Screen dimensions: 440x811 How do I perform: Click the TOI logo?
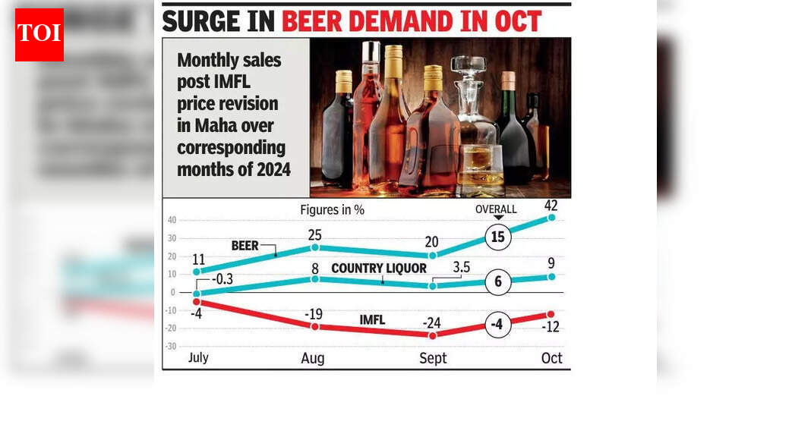tap(39, 35)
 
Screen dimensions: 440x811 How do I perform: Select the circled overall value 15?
tap(498, 237)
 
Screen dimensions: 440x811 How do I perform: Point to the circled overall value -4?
tap(498, 325)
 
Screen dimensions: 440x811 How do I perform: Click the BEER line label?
tap(245, 246)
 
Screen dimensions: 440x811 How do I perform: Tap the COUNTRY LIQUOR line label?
tap(379, 268)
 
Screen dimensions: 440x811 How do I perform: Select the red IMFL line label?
tap(372, 320)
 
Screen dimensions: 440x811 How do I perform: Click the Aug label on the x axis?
tap(313, 358)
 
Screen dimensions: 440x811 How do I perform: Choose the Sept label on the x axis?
tap(433, 358)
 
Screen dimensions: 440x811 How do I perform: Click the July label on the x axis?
tap(197, 357)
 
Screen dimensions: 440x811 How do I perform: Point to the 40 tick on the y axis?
tap(172, 221)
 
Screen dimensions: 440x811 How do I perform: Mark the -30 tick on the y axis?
tap(171, 346)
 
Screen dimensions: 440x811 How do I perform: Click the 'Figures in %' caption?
tap(332, 209)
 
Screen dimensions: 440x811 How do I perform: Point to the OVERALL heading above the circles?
tap(496, 209)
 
